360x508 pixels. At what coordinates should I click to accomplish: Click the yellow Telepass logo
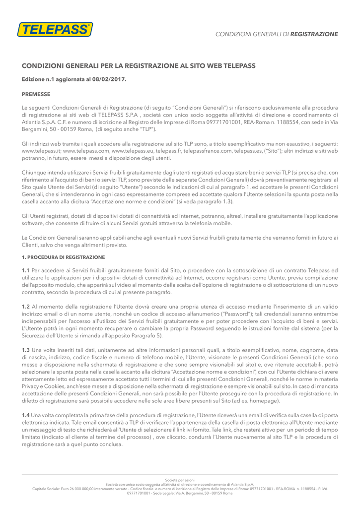(x=55, y=30)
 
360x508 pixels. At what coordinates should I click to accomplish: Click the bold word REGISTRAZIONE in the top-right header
(x=314, y=34)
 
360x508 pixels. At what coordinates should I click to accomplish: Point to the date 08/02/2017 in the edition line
(x=110, y=79)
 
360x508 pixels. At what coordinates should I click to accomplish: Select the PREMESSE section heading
(x=36, y=93)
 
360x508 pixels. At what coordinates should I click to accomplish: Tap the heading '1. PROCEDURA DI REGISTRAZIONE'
(x=63, y=257)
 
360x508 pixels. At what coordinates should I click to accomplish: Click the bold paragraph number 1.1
(x=26, y=270)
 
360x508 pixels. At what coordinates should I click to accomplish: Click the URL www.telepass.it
(x=41, y=150)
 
